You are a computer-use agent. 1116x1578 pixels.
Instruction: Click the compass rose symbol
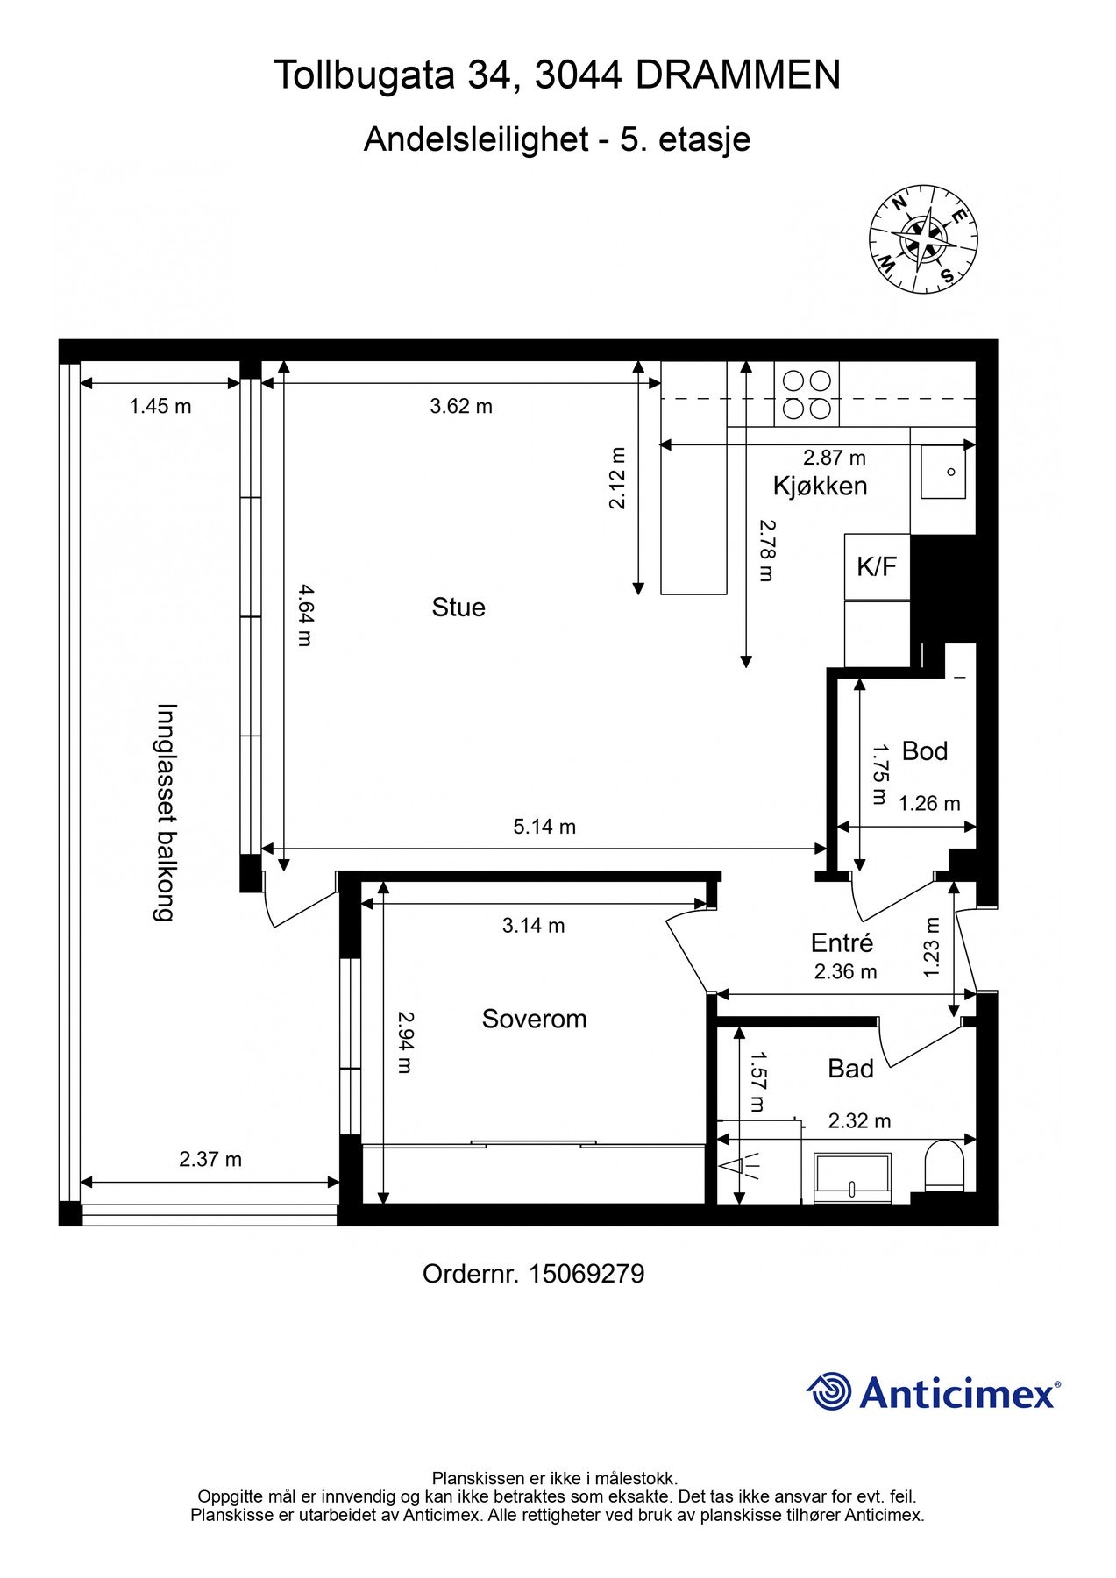[x=923, y=239]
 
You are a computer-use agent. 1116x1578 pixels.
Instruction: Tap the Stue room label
[x=458, y=608]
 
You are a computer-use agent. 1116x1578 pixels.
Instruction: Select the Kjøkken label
[x=820, y=486]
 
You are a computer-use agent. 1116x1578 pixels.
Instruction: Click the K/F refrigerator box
[x=877, y=566]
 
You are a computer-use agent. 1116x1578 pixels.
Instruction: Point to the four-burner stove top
[x=807, y=394]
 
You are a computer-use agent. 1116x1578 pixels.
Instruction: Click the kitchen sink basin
[x=942, y=472]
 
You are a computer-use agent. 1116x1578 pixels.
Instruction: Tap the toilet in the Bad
[x=944, y=1165]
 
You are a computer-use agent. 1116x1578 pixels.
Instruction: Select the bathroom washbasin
[x=852, y=1177]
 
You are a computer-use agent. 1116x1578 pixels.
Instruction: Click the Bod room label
[x=924, y=751]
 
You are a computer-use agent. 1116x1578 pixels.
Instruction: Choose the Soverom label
[x=534, y=1019]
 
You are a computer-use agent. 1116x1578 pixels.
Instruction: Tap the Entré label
[x=842, y=942]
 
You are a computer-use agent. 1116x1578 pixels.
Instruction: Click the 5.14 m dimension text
[x=544, y=827]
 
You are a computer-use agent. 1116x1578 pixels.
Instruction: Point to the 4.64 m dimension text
[x=303, y=615]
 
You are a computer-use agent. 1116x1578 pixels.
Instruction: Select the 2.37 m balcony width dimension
[x=210, y=1159]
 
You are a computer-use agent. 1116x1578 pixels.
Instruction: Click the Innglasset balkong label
[x=166, y=812]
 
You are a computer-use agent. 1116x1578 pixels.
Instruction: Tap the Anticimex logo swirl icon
[x=829, y=1391]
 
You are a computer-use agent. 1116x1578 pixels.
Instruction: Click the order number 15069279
[x=586, y=1274]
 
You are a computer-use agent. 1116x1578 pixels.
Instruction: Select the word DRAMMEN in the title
[x=737, y=75]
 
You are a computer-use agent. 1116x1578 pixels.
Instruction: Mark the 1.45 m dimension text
[x=160, y=406]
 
